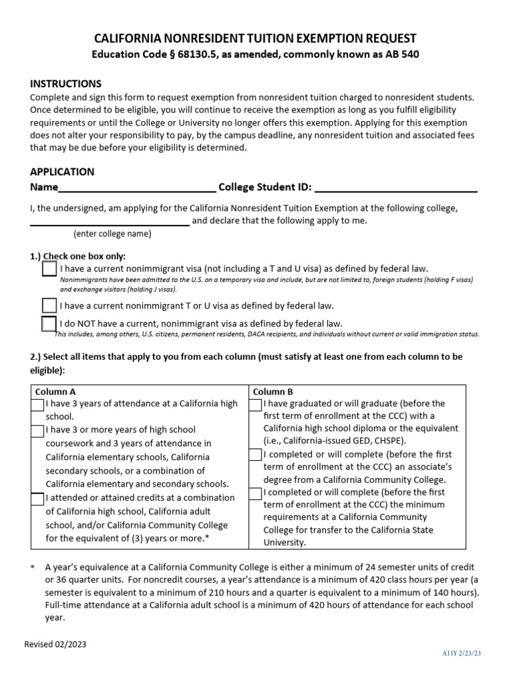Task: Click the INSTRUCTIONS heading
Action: [x=66, y=84]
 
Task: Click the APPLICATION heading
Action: [x=63, y=172]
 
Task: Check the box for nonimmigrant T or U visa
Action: [x=49, y=305]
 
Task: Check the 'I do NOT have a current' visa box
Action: [x=49, y=324]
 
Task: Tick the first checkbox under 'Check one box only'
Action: [x=49, y=269]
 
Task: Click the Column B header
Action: [x=273, y=392]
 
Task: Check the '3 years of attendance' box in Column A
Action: [x=38, y=404]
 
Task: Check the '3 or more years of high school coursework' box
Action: [x=38, y=430]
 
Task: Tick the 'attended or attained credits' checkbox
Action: [x=38, y=498]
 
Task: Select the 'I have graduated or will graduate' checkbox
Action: [x=255, y=404]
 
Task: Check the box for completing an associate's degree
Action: [x=255, y=455]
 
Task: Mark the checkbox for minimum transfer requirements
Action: [x=255, y=493]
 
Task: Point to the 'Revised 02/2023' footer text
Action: [x=55, y=644]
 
